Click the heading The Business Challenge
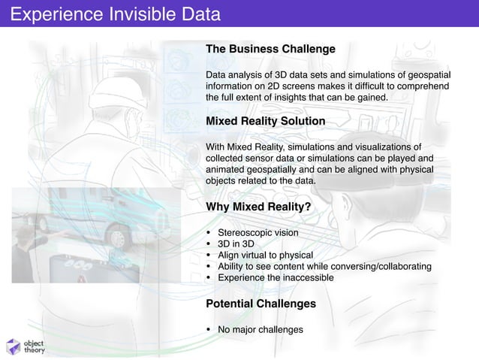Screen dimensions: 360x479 click(270, 49)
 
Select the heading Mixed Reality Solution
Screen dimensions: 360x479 click(265, 121)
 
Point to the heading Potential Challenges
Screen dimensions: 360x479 click(261, 304)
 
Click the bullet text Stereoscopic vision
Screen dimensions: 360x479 click(258, 233)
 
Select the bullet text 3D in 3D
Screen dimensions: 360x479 click(236, 244)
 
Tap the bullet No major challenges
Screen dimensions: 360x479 click(260, 329)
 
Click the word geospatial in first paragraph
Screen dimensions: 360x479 click(428, 75)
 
